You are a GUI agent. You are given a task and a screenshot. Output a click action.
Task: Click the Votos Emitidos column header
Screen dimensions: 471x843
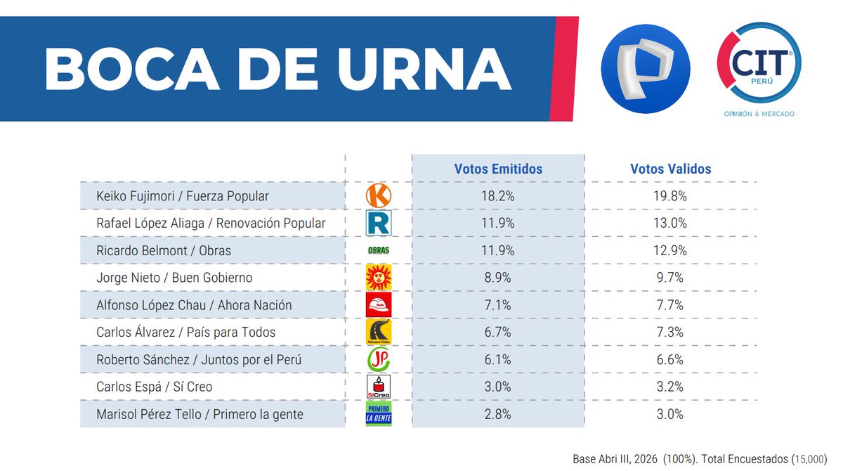pyautogui.click(x=498, y=169)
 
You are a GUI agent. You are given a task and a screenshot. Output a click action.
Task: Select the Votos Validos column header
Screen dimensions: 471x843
pyautogui.click(x=670, y=169)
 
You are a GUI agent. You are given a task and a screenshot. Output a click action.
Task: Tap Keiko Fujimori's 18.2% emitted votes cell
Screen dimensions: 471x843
pyautogui.click(x=498, y=196)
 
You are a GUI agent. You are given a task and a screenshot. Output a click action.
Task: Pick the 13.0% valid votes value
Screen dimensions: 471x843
pyautogui.click(x=670, y=224)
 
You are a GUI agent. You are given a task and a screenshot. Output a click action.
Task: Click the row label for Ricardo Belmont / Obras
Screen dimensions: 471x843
pyautogui.click(x=164, y=250)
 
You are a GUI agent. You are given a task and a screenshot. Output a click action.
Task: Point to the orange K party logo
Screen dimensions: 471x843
pyautogui.click(x=379, y=196)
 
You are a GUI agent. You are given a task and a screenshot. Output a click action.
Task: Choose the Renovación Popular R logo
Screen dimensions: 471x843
pyautogui.click(x=379, y=224)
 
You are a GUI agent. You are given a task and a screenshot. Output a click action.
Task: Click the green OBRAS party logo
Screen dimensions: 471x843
pyautogui.click(x=379, y=250)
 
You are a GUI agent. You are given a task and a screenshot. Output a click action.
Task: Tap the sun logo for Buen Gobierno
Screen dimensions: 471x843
pyautogui.click(x=379, y=278)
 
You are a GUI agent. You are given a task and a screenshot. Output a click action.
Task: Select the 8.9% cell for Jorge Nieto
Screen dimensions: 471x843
pyautogui.click(x=498, y=278)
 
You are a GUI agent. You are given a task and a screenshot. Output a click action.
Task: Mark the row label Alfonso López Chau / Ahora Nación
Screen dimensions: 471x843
pyautogui.click(x=194, y=305)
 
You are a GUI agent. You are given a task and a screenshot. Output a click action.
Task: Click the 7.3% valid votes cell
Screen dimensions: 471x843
pyautogui.click(x=670, y=332)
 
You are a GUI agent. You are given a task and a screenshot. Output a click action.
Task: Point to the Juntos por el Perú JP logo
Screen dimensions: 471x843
pyautogui.click(x=379, y=359)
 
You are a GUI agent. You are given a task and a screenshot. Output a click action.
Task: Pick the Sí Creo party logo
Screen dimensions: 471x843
pyautogui.click(x=379, y=387)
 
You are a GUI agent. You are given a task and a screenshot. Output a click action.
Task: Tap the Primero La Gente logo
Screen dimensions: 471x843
pyautogui.click(x=379, y=414)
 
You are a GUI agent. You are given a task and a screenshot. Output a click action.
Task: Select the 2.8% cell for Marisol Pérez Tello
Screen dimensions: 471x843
pyautogui.click(x=498, y=414)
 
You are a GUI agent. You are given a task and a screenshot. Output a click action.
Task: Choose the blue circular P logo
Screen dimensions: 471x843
pyautogui.click(x=646, y=68)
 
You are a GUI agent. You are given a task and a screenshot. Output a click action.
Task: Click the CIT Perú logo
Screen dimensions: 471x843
pyautogui.click(x=759, y=68)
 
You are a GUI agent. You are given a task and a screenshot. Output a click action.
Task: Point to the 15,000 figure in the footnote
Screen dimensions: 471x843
pyautogui.click(x=809, y=458)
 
